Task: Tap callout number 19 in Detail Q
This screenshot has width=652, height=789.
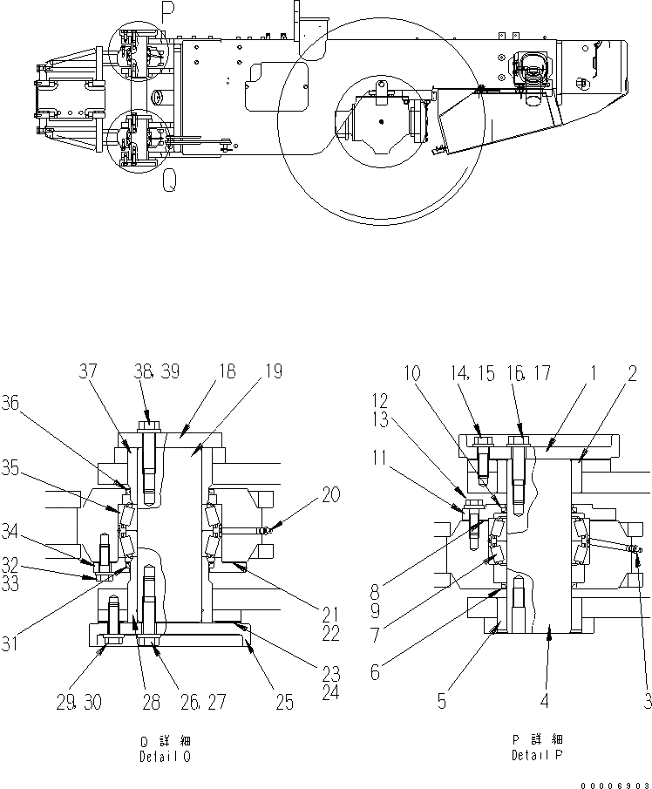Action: [x=275, y=371]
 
